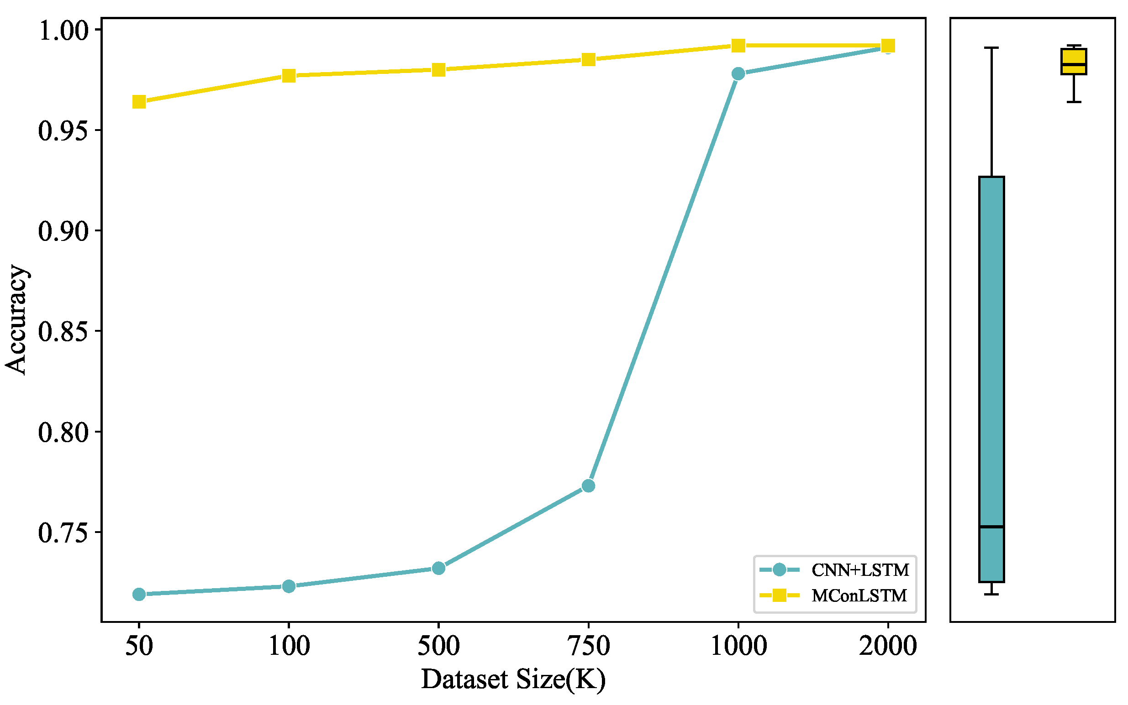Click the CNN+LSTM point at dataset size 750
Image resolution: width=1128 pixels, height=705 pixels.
click(588, 486)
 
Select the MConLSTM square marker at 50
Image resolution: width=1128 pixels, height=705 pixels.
click(139, 102)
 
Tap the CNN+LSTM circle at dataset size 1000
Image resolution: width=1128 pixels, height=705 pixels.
click(738, 73)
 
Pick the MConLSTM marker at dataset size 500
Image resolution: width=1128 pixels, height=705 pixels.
click(438, 70)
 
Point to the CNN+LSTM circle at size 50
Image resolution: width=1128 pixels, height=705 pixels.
click(139, 594)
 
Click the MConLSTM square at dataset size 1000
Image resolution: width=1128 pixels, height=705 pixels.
click(738, 46)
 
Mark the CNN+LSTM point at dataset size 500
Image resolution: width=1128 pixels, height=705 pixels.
click(438, 568)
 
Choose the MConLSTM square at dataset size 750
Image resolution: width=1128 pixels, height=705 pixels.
click(588, 60)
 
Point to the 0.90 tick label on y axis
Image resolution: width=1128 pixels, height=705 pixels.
click(63, 231)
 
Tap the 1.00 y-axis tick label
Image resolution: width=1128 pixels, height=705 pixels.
click(63, 31)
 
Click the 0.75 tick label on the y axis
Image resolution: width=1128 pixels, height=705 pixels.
click(63, 533)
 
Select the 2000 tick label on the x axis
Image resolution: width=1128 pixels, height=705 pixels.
click(888, 646)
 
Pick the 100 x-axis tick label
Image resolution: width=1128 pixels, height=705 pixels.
click(289, 646)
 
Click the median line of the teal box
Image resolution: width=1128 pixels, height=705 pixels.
click(991, 527)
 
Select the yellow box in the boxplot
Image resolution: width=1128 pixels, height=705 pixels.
click(1074, 61)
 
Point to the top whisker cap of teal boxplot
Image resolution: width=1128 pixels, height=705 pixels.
click(991, 47)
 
